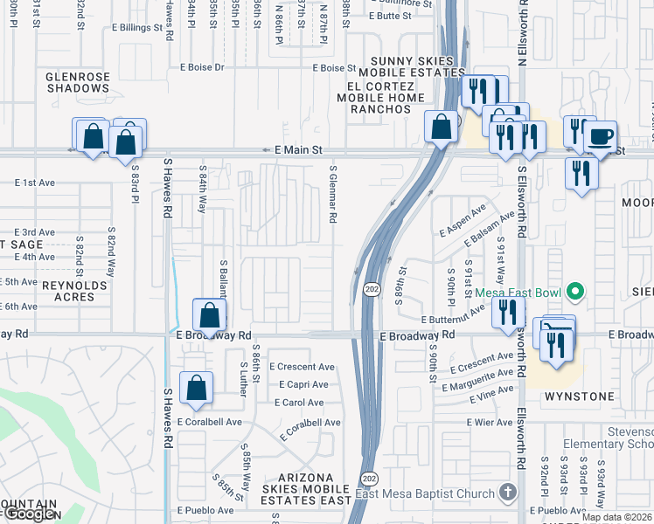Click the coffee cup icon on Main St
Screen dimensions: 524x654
(600, 138)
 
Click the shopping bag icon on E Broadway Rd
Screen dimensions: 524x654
(209, 315)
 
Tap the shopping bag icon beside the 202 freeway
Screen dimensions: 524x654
(442, 127)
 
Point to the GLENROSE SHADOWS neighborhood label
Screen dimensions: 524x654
(78, 82)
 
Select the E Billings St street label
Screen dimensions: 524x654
(137, 27)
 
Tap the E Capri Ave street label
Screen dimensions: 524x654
(303, 384)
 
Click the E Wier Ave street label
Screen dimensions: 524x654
(490, 423)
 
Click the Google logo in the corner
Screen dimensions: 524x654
(31, 514)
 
